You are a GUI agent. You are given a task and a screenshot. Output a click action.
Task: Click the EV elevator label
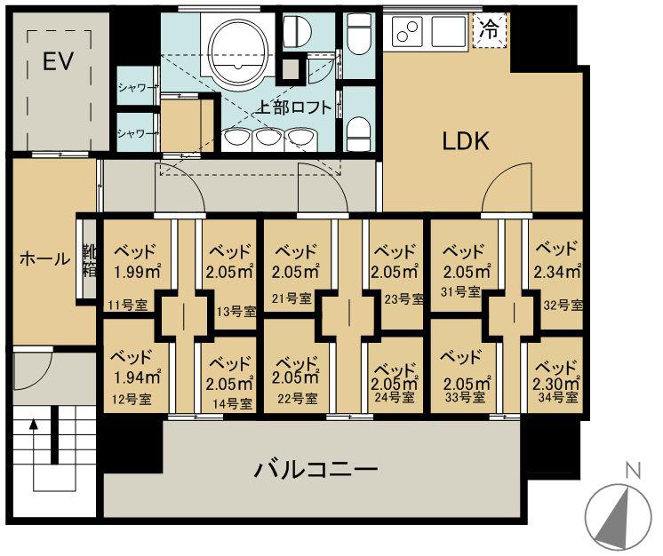point(59,61)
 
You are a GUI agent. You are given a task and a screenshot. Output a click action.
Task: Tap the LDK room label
point(466,140)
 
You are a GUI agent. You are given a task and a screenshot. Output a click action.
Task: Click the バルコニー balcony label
point(316,469)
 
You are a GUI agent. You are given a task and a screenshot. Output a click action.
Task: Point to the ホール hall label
point(44,258)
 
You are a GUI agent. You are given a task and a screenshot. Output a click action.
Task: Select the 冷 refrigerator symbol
point(490,30)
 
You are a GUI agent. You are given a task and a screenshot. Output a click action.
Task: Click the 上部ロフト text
point(293,107)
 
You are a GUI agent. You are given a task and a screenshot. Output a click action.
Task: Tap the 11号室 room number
point(127,304)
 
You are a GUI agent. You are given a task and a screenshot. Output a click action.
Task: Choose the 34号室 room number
point(558,398)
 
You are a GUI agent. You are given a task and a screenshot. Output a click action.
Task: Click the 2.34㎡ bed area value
point(556,272)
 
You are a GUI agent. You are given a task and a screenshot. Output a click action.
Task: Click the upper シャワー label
point(136,88)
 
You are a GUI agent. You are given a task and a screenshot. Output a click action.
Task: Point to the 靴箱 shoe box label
point(89,260)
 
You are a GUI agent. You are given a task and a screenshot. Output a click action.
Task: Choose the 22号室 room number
point(298,399)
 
